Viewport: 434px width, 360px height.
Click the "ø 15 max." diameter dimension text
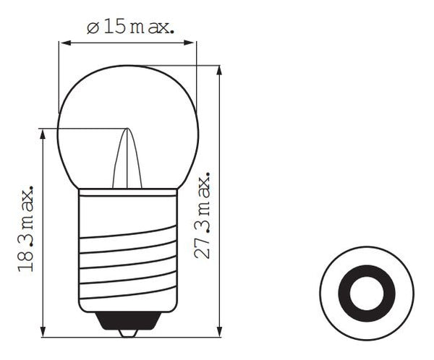point(129,28)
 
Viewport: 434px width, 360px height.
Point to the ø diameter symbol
point(92,28)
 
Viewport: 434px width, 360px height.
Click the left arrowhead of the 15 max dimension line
point(64,43)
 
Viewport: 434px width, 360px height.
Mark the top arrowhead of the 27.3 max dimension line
point(219,69)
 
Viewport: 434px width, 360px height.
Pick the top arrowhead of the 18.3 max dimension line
point(44,134)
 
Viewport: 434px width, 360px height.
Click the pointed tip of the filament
point(127,130)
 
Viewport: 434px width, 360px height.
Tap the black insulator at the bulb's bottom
point(128,320)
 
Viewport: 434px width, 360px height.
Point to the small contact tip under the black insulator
point(128,333)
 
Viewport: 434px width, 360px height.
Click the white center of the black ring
point(367,293)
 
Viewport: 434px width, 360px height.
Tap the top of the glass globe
point(128,67)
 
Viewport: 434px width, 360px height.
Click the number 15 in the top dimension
point(114,28)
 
